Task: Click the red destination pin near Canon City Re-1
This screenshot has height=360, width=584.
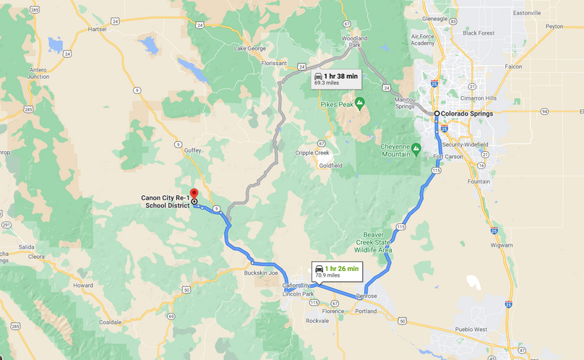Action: click(194, 194)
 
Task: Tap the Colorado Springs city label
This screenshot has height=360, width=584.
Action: click(468, 114)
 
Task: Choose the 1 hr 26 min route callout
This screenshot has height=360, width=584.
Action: click(336, 271)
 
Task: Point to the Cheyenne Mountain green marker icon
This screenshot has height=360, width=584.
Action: click(416, 149)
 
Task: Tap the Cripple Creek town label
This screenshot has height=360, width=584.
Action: click(312, 153)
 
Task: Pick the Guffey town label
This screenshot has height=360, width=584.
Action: click(193, 148)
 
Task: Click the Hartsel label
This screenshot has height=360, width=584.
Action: click(95, 29)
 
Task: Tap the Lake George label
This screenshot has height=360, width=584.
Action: click(250, 48)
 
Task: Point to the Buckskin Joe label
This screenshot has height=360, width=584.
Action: click(261, 273)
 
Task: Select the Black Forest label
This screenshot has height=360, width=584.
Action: click(478, 33)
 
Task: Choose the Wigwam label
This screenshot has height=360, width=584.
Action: click(502, 245)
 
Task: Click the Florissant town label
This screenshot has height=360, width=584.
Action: click(274, 63)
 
